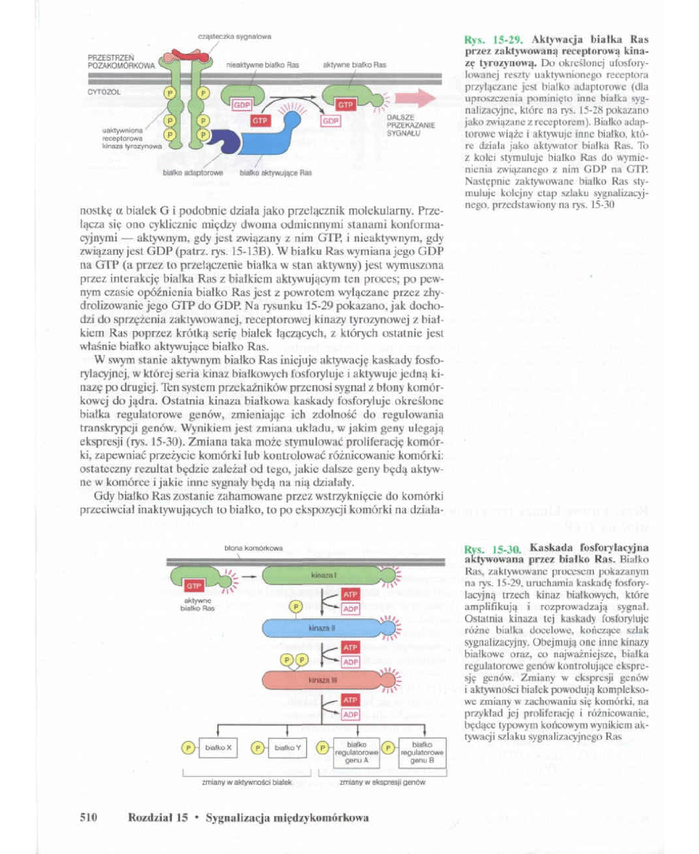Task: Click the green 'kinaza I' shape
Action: point(319,576)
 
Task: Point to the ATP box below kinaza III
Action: point(350,699)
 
